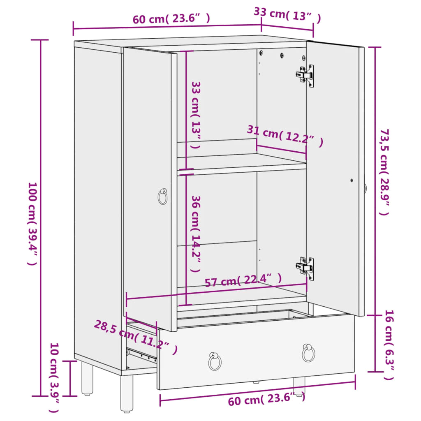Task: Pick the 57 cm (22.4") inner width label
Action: pos(243,280)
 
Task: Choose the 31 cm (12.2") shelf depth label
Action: pos(285,135)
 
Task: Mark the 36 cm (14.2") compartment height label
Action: pos(197,234)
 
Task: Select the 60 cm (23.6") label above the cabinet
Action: pos(171,19)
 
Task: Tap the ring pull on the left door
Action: pos(163,197)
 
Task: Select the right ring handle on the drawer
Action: pos(308,352)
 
